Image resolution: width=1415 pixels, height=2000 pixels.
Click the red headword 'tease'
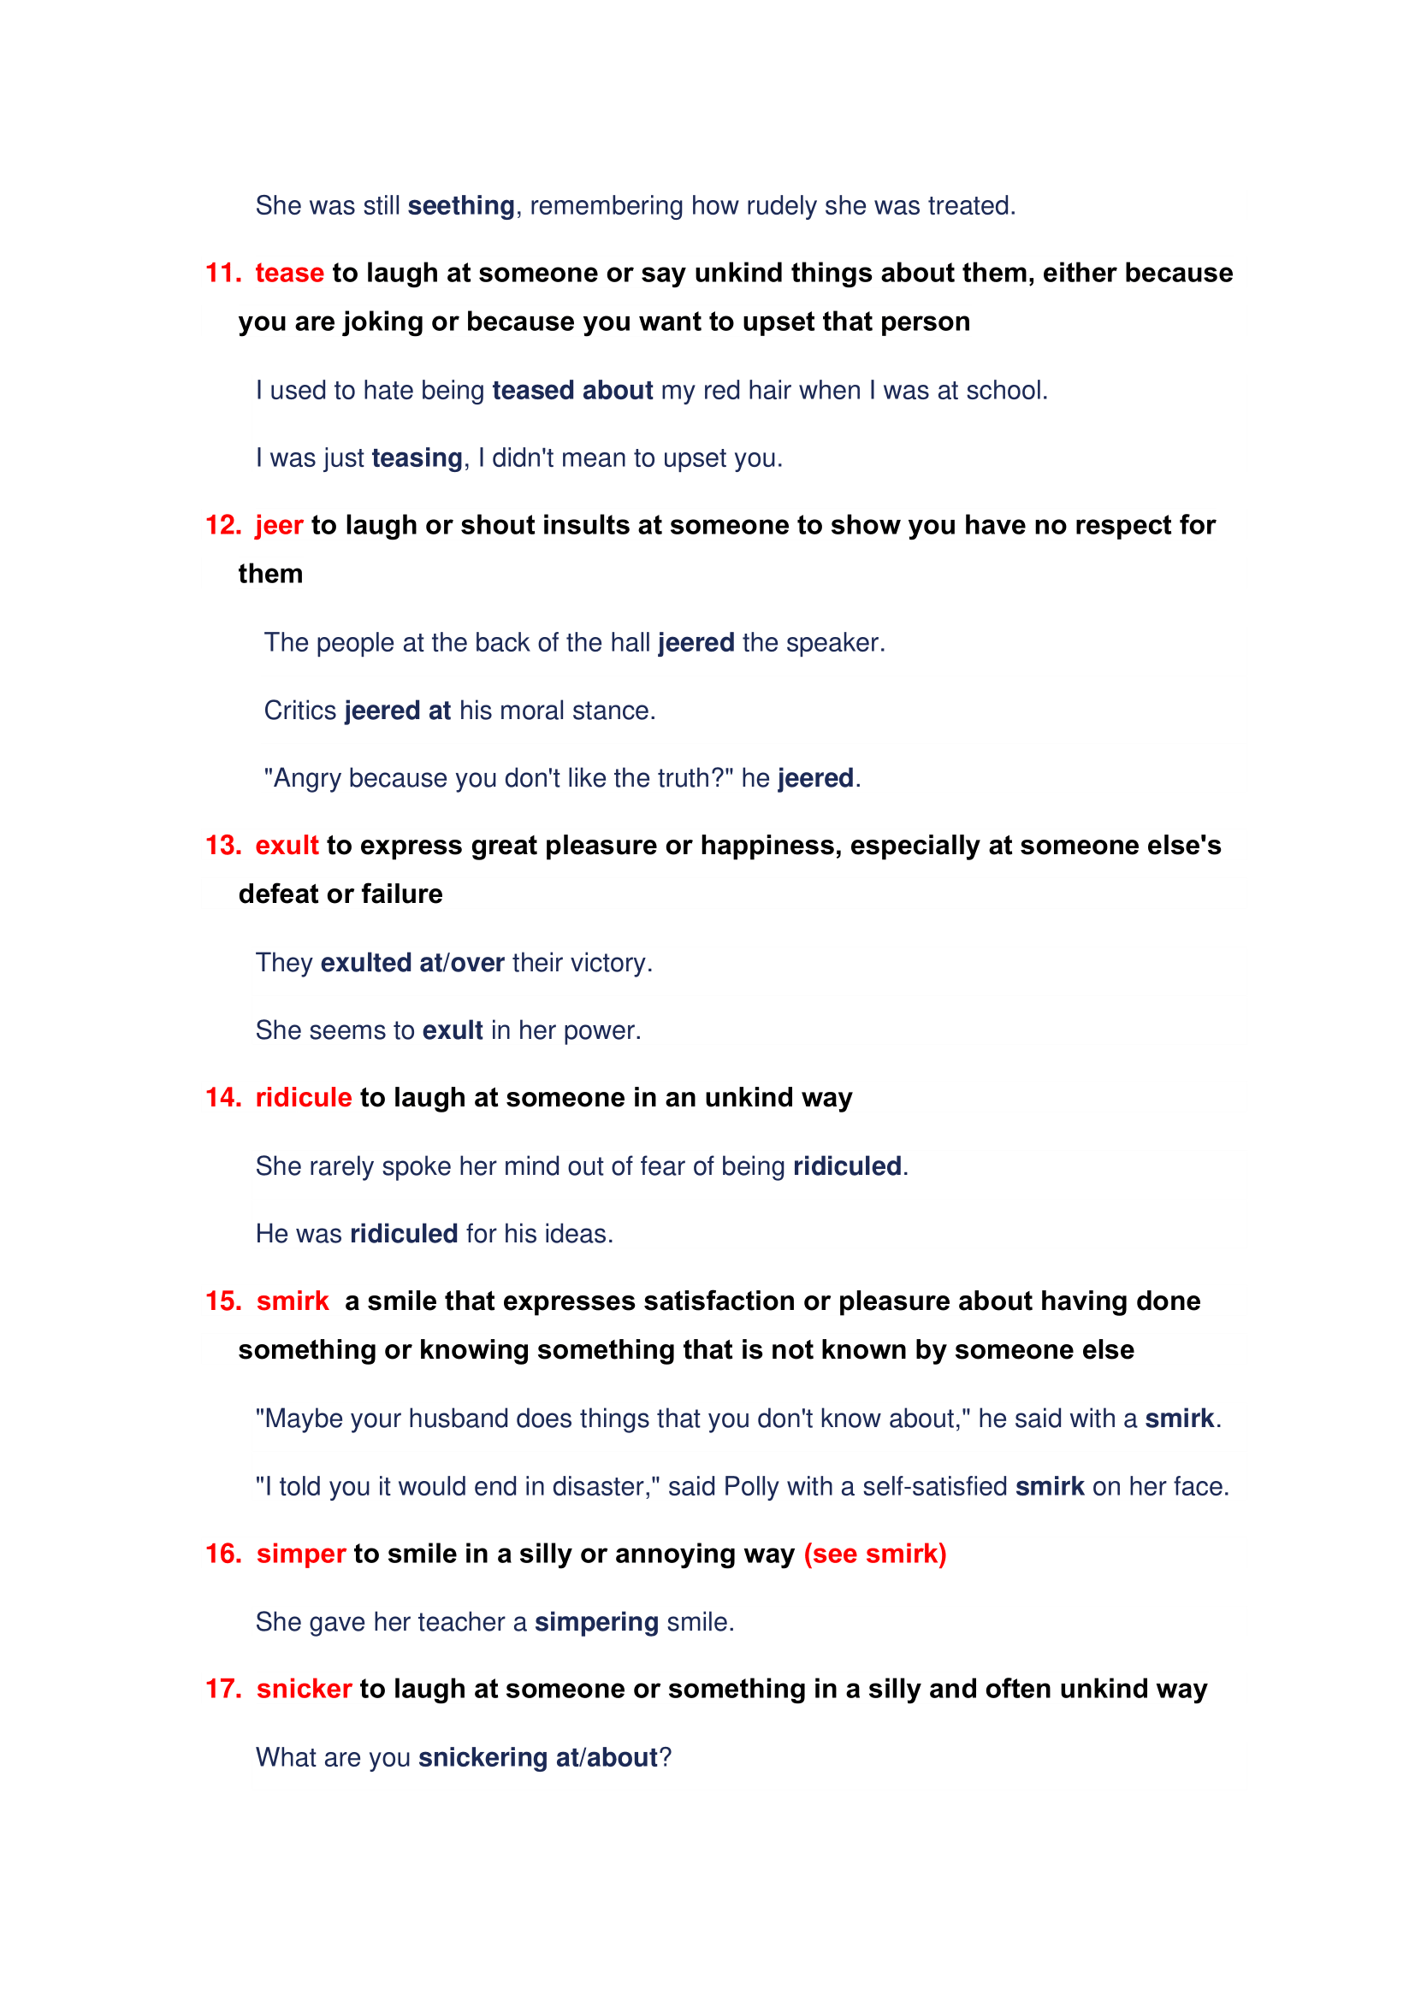[x=289, y=274]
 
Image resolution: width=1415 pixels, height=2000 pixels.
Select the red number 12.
[x=223, y=525]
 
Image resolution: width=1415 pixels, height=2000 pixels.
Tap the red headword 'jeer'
[x=279, y=525]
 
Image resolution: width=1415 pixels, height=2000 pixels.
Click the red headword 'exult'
[x=287, y=846]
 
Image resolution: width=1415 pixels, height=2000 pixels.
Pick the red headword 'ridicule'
[x=303, y=1098]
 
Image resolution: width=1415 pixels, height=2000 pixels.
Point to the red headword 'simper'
[x=301, y=1554]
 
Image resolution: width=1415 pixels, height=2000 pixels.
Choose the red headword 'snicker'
[x=304, y=1689]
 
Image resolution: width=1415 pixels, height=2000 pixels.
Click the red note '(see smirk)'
[x=875, y=1554]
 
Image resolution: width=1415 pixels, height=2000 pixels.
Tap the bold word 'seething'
[x=461, y=206]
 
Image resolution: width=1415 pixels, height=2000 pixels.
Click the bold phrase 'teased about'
[x=572, y=391]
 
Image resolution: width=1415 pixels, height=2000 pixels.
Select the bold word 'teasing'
[x=417, y=458]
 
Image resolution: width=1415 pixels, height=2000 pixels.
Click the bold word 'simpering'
[x=596, y=1622]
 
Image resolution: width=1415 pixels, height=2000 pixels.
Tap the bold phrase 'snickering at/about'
[x=537, y=1758]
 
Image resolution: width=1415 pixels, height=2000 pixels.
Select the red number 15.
[x=223, y=1301]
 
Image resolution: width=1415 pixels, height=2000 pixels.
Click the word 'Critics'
[x=299, y=711]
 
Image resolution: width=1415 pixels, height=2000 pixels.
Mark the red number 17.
[x=223, y=1689]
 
